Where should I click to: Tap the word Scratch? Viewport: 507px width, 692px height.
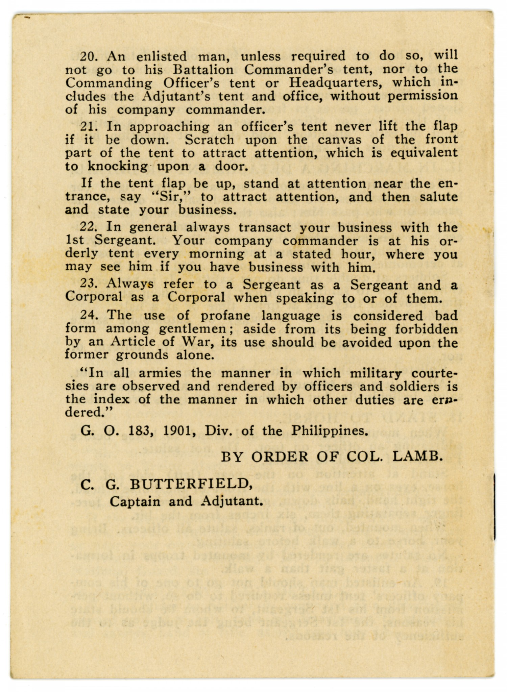tap(209, 140)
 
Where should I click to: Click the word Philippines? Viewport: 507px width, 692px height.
tap(329, 431)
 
